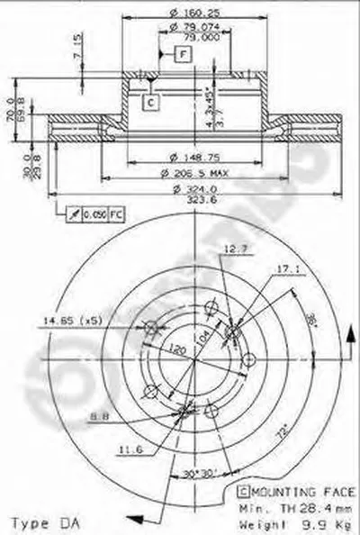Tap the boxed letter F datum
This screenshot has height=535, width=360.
tap(182, 56)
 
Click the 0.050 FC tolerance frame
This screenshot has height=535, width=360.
tap(90, 214)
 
